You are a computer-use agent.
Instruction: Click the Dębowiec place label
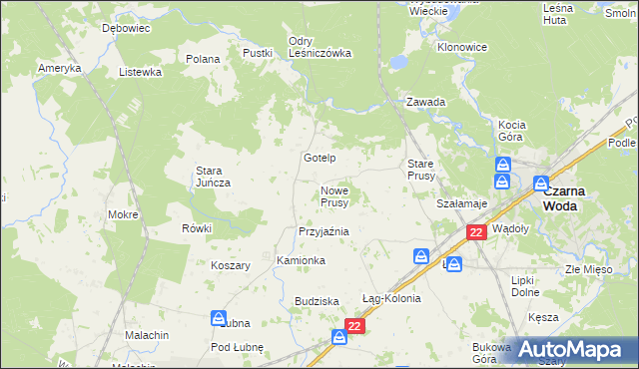click(x=126, y=29)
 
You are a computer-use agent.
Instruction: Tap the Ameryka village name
click(x=59, y=68)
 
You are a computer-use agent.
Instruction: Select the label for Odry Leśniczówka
click(x=319, y=48)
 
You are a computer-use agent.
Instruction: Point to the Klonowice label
click(x=462, y=47)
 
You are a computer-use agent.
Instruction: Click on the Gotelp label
click(x=319, y=159)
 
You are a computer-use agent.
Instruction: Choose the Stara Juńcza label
click(x=214, y=177)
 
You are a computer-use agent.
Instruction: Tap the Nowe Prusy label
click(x=334, y=196)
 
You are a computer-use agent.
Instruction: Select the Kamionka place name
click(x=301, y=260)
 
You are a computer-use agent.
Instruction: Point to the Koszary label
click(x=230, y=265)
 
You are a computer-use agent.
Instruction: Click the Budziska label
click(x=318, y=301)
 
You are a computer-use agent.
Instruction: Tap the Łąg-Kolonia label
click(x=391, y=298)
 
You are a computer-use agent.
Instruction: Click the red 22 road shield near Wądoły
click(x=476, y=232)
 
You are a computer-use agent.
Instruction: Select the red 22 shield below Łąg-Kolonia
click(x=354, y=326)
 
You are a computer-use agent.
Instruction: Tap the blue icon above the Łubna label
click(x=219, y=318)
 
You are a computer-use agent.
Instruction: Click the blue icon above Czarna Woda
click(x=541, y=184)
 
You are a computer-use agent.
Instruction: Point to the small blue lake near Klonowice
click(x=398, y=62)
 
